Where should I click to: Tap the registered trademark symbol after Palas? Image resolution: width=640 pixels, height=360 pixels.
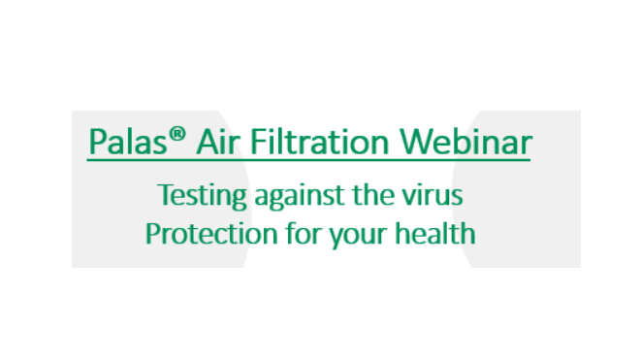(177, 134)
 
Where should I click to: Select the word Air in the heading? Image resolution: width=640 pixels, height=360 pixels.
(213, 142)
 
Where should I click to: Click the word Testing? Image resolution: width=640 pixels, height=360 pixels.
(202, 196)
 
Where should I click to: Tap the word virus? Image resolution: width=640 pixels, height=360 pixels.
(434, 196)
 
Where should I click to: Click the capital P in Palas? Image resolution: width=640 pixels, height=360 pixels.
(95, 142)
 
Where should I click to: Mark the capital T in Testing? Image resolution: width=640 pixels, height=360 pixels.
(164, 196)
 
